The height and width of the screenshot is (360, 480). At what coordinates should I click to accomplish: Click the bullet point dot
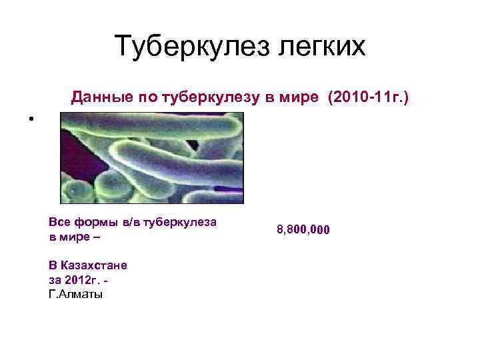pyautogui.click(x=31, y=120)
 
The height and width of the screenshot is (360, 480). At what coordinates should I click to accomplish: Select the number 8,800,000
pyautogui.click(x=303, y=230)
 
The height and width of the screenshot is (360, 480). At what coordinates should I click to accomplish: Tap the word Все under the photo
pyautogui.click(x=59, y=222)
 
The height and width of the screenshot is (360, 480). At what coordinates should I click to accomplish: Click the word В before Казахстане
pyautogui.click(x=53, y=265)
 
